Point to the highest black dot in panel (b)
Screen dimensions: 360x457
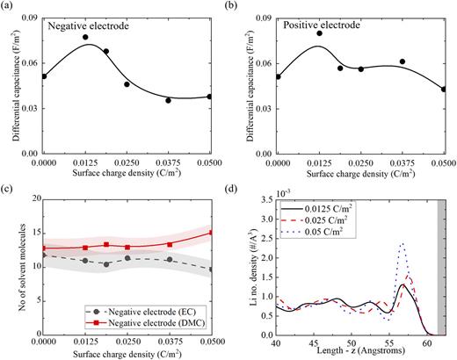[319, 33]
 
